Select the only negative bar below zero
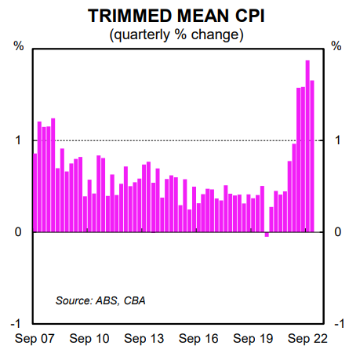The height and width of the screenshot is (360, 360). click(267, 235)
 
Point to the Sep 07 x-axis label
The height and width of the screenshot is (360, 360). click(35, 339)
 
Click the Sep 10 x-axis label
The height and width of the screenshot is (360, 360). click(89, 339)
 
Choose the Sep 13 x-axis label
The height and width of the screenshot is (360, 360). click(144, 339)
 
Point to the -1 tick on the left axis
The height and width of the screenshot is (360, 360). click(14, 324)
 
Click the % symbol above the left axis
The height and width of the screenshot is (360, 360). click(19, 46)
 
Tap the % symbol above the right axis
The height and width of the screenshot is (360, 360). click(337, 46)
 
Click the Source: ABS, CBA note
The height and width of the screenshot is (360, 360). click(100, 300)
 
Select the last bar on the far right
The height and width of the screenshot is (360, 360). click(312, 157)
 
